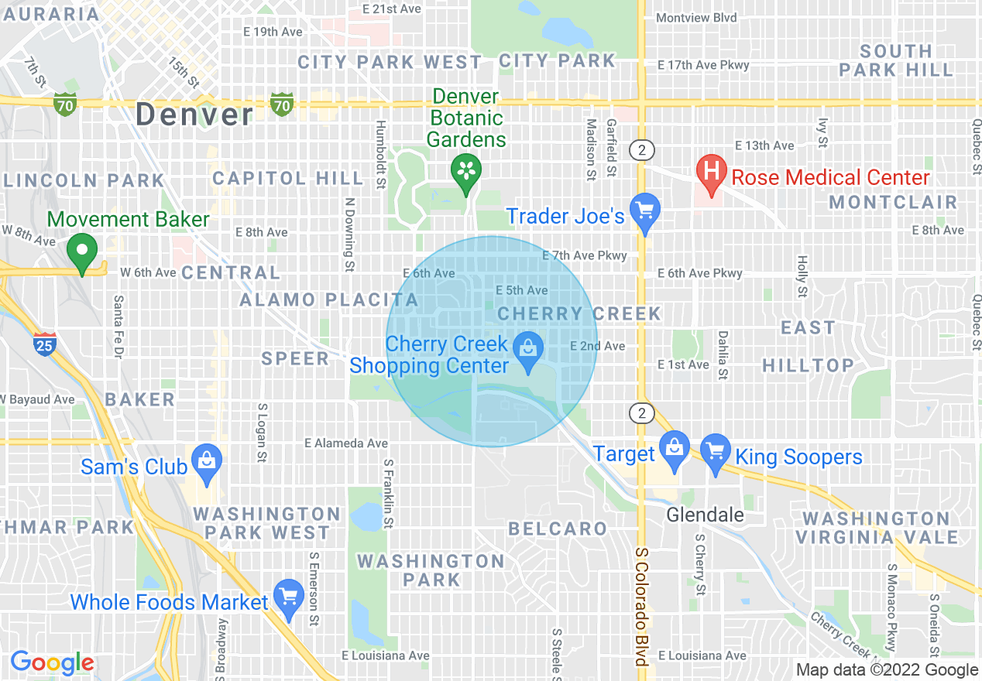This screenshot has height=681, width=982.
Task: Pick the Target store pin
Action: pyautogui.click(x=675, y=450)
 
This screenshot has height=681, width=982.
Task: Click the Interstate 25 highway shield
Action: pyautogui.click(x=45, y=344)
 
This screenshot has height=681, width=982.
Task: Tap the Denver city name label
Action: pyautogui.click(x=194, y=115)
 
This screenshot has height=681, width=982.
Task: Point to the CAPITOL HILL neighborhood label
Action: pyautogui.click(x=287, y=178)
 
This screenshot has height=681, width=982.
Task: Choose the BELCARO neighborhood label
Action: pyautogui.click(x=558, y=529)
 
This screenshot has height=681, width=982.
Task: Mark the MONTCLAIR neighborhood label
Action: pyautogui.click(x=893, y=203)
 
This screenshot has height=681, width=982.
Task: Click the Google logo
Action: pyautogui.click(x=52, y=662)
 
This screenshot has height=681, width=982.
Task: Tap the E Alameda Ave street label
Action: pyautogui.click(x=346, y=443)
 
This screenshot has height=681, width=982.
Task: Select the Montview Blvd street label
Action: pyautogui.click(x=696, y=17)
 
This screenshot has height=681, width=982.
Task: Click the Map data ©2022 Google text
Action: pyautogui.click(x=888, y=670)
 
